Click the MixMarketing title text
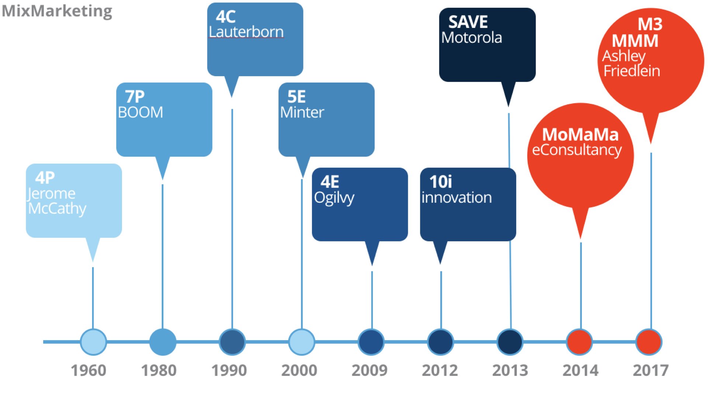[x=57, y=11]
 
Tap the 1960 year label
[x=88, y=370]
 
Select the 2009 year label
[x=369, y=370]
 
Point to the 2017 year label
[x=650, y=370]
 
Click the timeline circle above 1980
[x=163, y=342]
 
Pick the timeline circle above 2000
[x=302, y=342]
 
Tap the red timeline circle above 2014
[x=579, y=342]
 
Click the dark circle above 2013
[x=510, y=342]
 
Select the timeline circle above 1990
[x=232, y=342]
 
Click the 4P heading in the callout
[x=45, y=178]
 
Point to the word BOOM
[x=140, y=112]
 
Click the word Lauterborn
[x=246, y=32]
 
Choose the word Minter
[x=302, y=112]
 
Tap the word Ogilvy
[x=334, y=198]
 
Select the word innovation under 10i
[x=457, y=198]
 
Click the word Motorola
[x=472, y=38]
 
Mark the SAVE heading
[x=468, y=22]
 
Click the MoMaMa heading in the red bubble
[x=580, y=135]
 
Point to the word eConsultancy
[x=577, y=150]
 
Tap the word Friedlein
[x=632, y=71]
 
